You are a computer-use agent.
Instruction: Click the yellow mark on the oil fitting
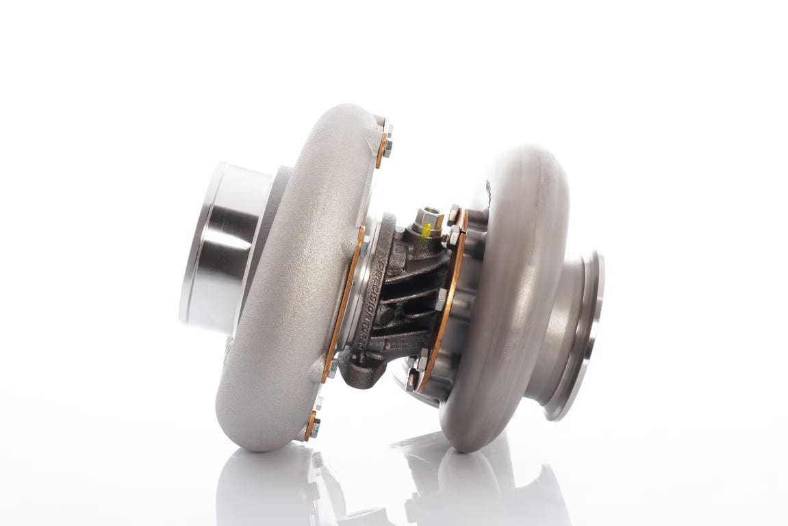tap(425, 231)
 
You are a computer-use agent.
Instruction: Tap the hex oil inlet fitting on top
tap(428, 217)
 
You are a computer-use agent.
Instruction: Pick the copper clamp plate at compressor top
tap(381, 151)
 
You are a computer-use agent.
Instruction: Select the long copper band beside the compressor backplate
tap(342, 301)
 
